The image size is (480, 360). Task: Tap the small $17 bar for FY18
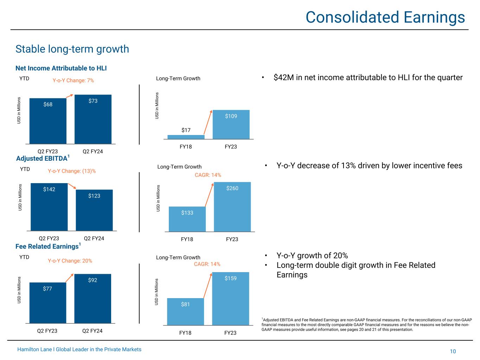click(186, 137)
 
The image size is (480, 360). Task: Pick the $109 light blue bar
click(231, 124)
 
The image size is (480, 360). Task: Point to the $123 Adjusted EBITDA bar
click(94, 210)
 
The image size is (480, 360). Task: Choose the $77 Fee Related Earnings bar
click(48, 303)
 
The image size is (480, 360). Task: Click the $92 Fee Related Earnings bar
click(92, 298)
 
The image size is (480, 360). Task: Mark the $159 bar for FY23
click(231, 298)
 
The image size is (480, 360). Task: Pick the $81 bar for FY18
click(185, 311)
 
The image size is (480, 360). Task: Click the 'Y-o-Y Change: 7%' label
click(73, 81)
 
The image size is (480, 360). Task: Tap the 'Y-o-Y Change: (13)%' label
click(72, 171)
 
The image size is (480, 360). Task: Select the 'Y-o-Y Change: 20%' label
click(70, 261)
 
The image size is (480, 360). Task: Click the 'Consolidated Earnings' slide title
click(385, 17)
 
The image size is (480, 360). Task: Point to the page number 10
click(453, 352)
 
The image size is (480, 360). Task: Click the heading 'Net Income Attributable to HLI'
click(61, 68)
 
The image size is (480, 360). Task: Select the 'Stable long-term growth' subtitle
click(72, 49)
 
